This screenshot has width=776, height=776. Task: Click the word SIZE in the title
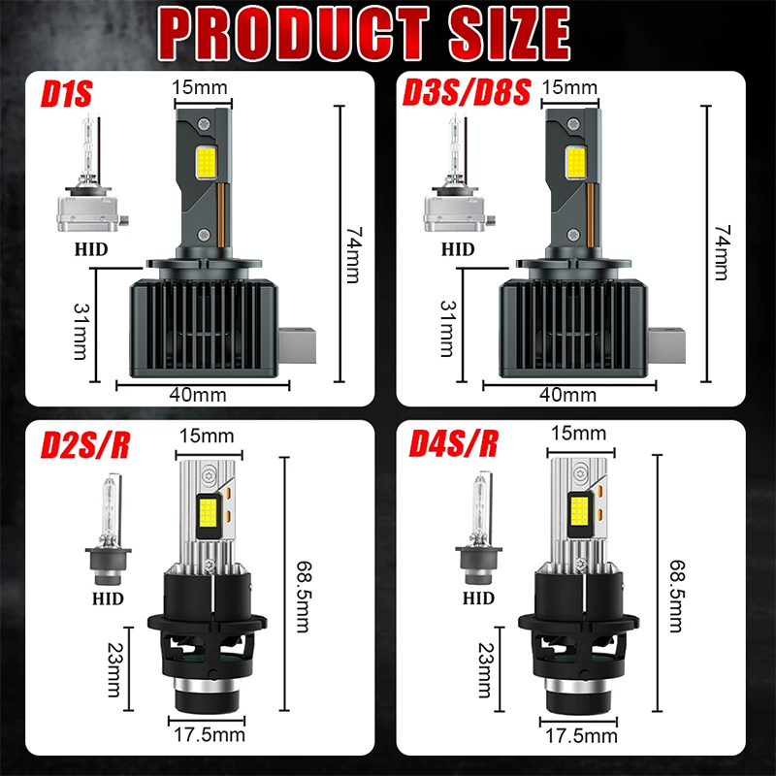click(x=509, y=34)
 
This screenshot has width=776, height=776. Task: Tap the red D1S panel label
click(x=66, y=93)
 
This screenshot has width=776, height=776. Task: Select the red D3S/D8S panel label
click(x=467, y=92)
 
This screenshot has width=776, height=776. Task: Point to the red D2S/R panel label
click(x=85, y=445)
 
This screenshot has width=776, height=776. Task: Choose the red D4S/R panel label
click(x=453, y=443)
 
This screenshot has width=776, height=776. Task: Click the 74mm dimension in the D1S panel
click(x=353, y=255)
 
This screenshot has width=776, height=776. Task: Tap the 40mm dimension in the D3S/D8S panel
click(x=567, y=395)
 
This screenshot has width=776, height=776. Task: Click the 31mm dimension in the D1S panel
click(x=81, y=331)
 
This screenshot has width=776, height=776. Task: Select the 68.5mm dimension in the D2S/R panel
click(x=303, y=597)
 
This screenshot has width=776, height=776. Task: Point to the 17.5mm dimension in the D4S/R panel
click(x=581, y=736)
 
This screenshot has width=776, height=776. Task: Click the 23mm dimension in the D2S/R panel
click(x=114, y=669)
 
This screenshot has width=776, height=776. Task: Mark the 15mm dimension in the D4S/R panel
click(x=578, y=433)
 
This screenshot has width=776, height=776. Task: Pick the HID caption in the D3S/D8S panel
click(x=458, y=249)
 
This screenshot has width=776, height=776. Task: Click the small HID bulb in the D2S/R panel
click(x=109, y=529)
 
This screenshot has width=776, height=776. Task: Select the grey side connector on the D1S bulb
click(x=297, y=345)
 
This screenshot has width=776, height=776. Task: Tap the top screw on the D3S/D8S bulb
click(x=573, y=123)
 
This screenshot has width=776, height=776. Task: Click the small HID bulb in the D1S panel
click(x=92, y=173)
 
